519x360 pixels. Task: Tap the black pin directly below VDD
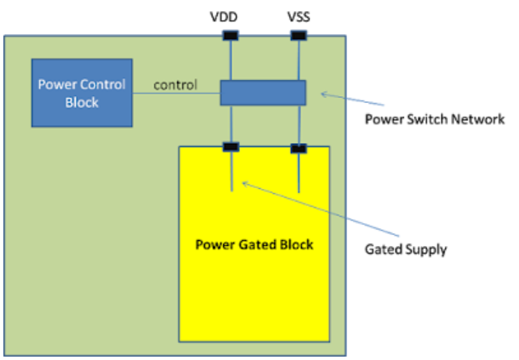click(x=231, y=36)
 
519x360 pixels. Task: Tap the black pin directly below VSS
click(x=299, y=36)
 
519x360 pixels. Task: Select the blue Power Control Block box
click(x=82, y=93)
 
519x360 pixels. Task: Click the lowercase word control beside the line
click(x=174, y=85)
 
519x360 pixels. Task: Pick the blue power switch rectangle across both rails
click(x=263, y=92)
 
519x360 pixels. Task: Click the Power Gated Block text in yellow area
click(x=254, y=245)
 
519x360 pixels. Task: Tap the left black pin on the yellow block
click(x=231, y=147)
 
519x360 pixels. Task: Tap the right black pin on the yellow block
click(x=299, y=148)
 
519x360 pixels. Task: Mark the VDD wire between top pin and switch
click(x=231, y=60)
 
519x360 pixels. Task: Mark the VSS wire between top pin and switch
click(x=299, y=60)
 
